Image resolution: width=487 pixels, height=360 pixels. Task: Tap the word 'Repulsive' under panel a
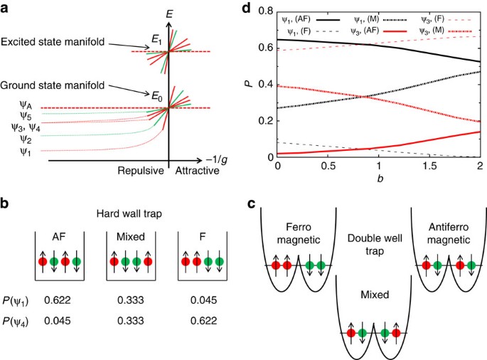(139, 171)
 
